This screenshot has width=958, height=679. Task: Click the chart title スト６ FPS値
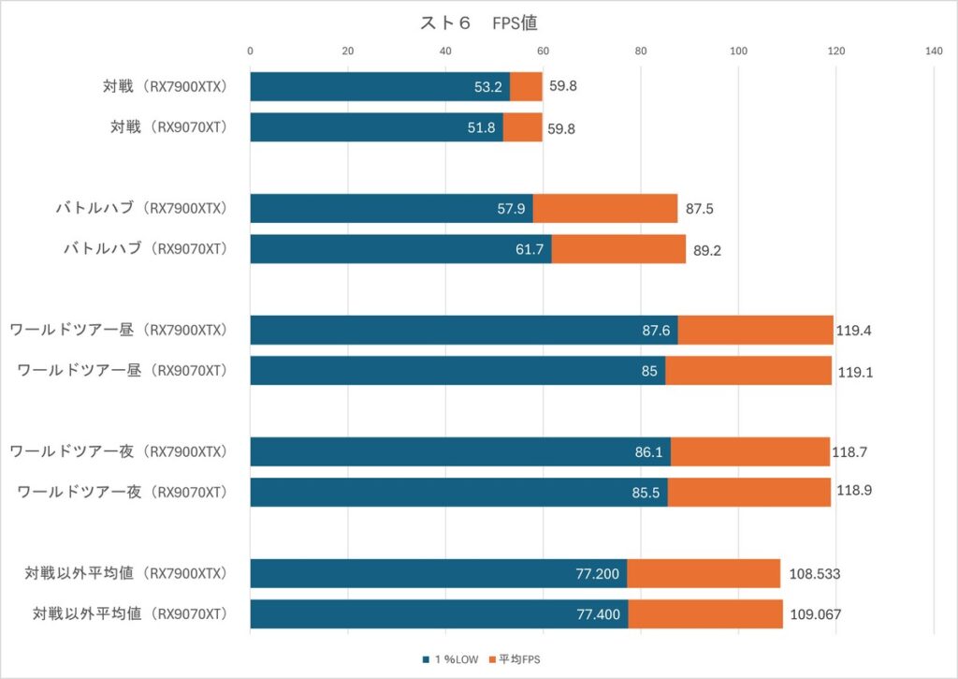pyautogui.click(x=478, y=23)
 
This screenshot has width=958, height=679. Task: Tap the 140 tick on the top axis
pyautogui.click(x=933, y=52)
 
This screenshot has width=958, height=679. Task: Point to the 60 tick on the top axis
pyautogui.click(x=543, y=52)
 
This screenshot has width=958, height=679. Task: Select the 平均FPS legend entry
pyautogui.click(x=512, y=659)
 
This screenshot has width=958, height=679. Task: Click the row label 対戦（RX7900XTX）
pyautogui.click(x=166, y=87)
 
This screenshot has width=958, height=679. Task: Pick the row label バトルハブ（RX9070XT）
pyautogui.click(x=145, y=249)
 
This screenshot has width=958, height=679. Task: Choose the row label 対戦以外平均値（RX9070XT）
pyautogui.click(x=131, y=614)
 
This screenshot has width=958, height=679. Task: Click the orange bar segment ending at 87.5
pyautogui.click(x=605, y=209)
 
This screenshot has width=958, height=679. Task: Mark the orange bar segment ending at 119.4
pyautogui.click(x=755, y=330)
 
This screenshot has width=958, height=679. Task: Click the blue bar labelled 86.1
pyautogui.click(x=459, y=451)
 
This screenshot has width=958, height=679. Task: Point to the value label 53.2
pyautogui.click(x=489, y=87)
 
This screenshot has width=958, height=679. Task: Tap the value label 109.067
pyautogui.click(x=817, y=614)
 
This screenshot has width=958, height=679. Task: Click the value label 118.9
pyautogui.click(x=853, y=492)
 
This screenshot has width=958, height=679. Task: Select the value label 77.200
pyautogui.click(x=599, y=574)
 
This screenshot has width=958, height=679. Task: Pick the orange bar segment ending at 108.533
pyautogui.click(x=704, y=574)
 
